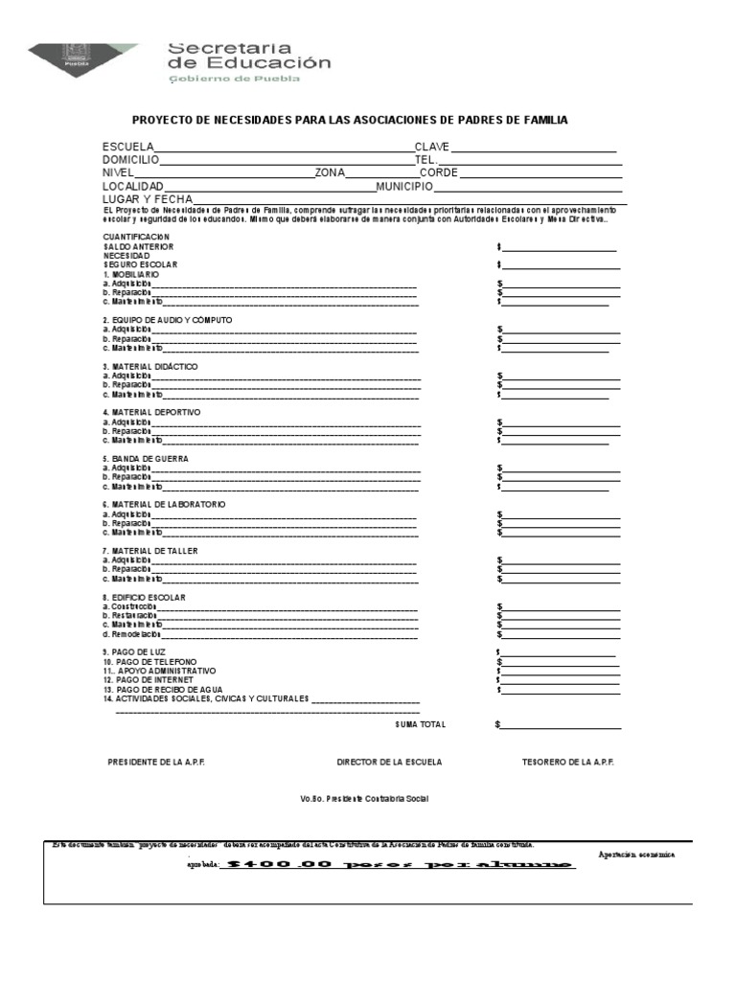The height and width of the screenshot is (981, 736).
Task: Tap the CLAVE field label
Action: coord(431,146)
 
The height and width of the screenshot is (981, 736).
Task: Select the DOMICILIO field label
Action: coord(131,159)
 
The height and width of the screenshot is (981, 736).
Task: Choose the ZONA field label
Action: coord(330,172)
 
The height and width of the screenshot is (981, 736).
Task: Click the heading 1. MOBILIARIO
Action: coord(131,274)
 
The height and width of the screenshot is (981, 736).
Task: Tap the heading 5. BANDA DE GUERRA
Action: coord(146,459)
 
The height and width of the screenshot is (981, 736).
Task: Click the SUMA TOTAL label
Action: coord(420,725)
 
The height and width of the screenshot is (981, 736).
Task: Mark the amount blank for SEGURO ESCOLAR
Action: coord(560,264)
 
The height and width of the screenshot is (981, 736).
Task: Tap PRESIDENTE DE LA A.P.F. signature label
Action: coord(156,763)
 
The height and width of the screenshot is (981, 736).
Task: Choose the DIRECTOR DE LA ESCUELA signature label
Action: coord(389,763)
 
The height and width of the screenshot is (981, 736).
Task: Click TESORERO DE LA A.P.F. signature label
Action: coord(567,763)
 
